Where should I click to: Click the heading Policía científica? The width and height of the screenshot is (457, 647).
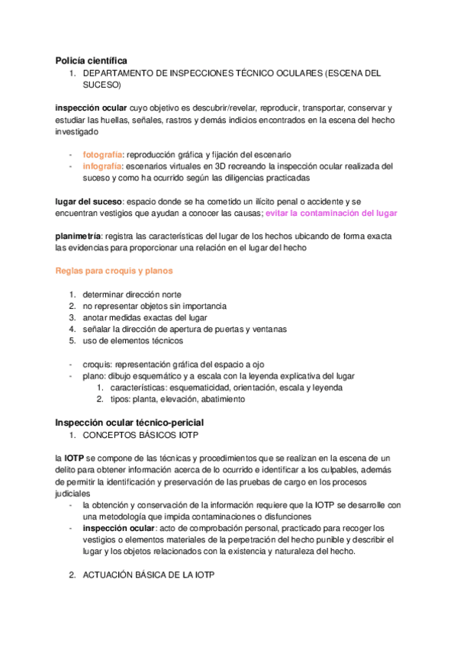click(91, 60)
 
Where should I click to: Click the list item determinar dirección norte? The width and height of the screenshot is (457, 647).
click(132, 295)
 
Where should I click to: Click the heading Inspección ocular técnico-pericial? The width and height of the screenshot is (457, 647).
click(129, 422)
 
